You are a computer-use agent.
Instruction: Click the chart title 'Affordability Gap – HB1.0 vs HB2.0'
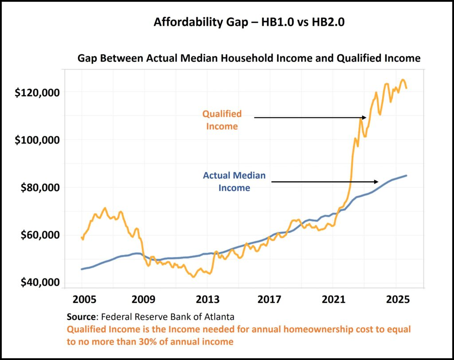[x=249, y=22]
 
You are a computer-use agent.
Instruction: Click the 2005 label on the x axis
[x=82, y=298]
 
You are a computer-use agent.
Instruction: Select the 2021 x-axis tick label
[x=333, y=298]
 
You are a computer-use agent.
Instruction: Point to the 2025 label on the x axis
[x=396, y=298]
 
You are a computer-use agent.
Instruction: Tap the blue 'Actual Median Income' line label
[x=234, y=181]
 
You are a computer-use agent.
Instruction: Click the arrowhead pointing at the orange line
[x=364, y=117]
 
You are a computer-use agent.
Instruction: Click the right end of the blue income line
[x=407, y=176]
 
